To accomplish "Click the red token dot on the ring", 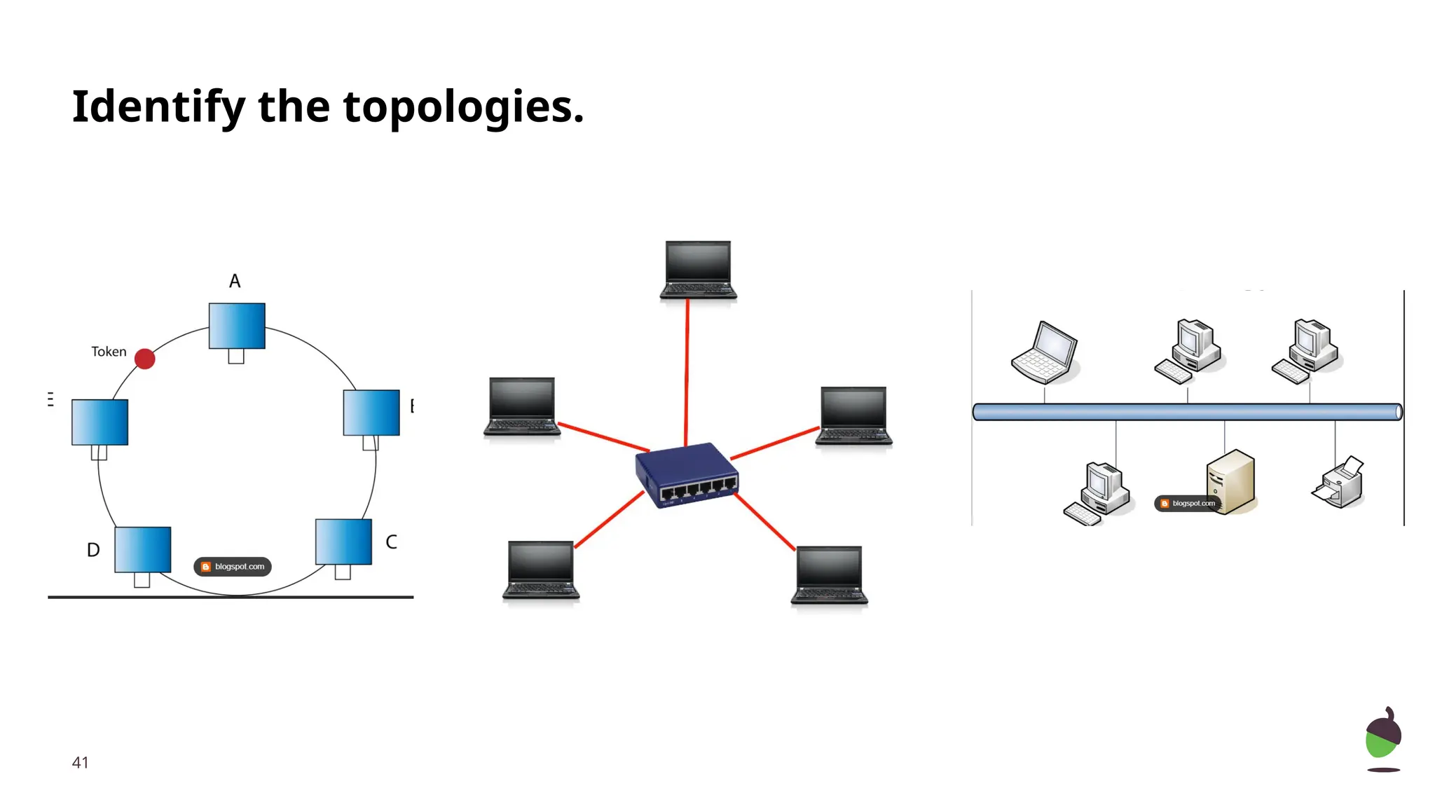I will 144,359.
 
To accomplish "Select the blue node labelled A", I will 237,326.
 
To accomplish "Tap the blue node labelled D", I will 142,549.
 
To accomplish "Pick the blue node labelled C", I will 343,542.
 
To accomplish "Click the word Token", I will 109,352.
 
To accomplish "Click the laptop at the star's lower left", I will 540,570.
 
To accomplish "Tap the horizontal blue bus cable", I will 1187,412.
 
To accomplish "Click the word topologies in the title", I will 463,106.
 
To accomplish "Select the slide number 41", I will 81,762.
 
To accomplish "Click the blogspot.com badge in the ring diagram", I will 233,567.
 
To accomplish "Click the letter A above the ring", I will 235,281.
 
